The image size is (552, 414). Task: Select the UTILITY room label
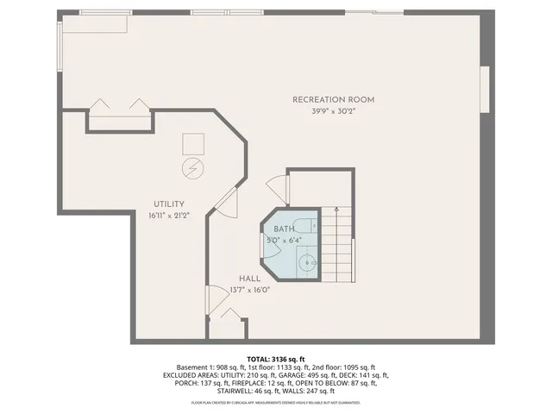[x=169, y=204]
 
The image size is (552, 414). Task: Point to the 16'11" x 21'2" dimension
[x=169, y=216]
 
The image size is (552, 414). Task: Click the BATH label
[x=284, y=229]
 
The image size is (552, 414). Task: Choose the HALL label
[x=249, y=279]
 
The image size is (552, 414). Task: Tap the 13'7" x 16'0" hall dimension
[x=249, y=291]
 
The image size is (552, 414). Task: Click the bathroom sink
[x=307, y=261]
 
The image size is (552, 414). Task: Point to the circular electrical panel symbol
[x=193, y=166]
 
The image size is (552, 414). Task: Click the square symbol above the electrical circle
[x=193, y=143]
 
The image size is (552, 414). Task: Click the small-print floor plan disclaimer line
[x=276, y=403]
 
